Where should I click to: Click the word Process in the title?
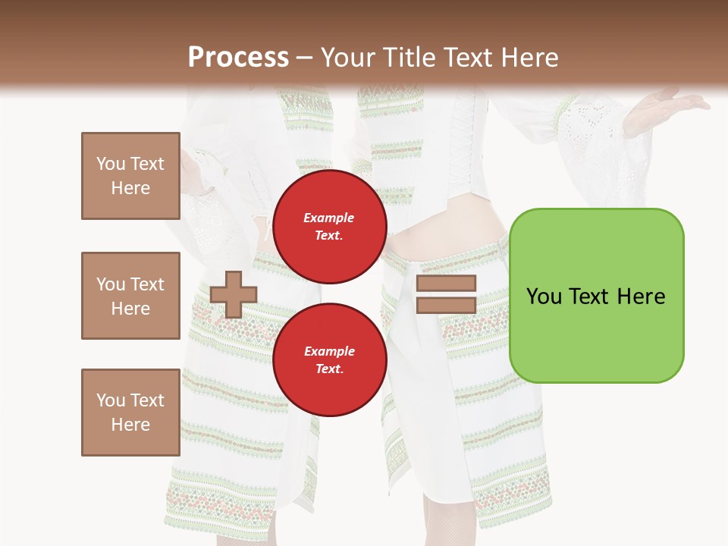coord(238,58)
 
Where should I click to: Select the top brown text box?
coord(130,176)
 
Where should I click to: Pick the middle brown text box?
coord(130,296)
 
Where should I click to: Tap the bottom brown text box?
coord(130,413)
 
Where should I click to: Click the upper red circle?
coord(329,226)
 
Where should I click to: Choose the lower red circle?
coord(329,359)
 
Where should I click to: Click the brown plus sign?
coord(234,294)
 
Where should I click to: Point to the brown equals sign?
coord(446,294)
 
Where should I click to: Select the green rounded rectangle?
coord(596,296)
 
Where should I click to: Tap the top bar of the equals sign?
coord(446,284)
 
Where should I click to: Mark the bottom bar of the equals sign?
coord(446,305)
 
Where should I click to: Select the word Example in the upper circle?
coord(329,218)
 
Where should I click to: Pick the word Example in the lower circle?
coord(329,351)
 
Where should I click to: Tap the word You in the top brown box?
coord(111,164)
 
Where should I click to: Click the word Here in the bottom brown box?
coord(130,425)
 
